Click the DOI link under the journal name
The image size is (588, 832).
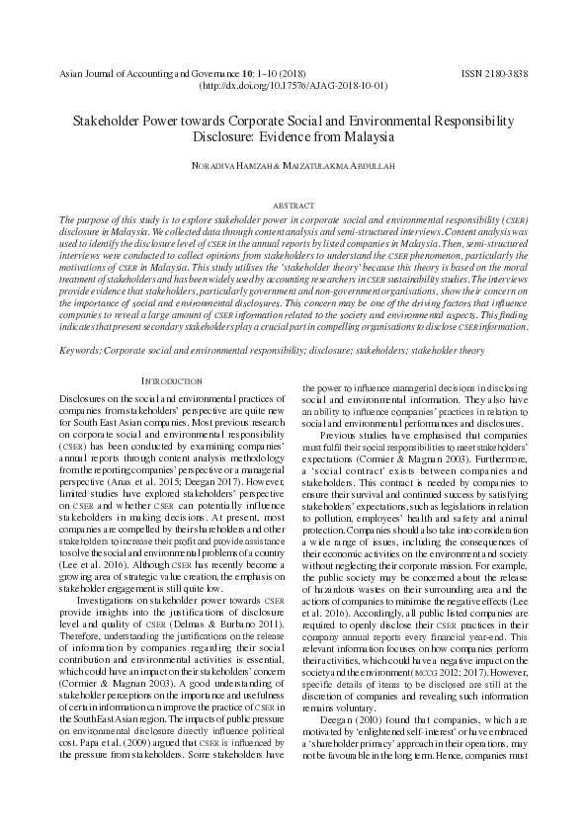(294, 87)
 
